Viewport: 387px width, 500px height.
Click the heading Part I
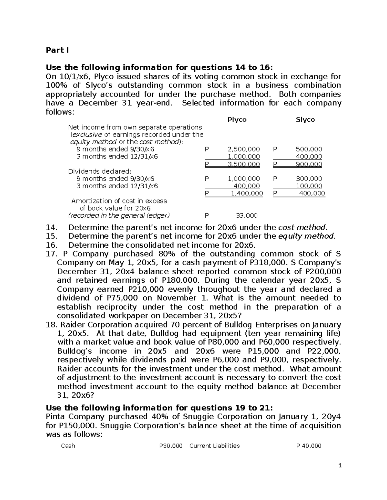pyautogui.click(x=57, y=50)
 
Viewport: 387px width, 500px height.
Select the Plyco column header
pyautogui.click(x=237, y=120)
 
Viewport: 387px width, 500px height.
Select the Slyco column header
pyautogui.click(x=305, y=120)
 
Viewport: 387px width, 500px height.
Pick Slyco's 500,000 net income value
pyautogui.click(x=309, y=149)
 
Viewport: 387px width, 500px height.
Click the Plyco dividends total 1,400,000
pyautogui.click(x=247, y=193)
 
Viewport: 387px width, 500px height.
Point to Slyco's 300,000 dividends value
pyautogui.click(x=309, y=179)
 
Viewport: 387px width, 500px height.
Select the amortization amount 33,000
pyautogui.click(x=247, y=216)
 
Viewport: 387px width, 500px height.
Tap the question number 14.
pyautogui.click(x=52, y=227)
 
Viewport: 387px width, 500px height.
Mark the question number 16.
pyautogui.click(x=52, y=245)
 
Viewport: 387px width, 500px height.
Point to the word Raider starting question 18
pyautogui.click(x=73, y=325)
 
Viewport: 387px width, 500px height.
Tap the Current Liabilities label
pyautogui.click(x=214, y=446)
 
